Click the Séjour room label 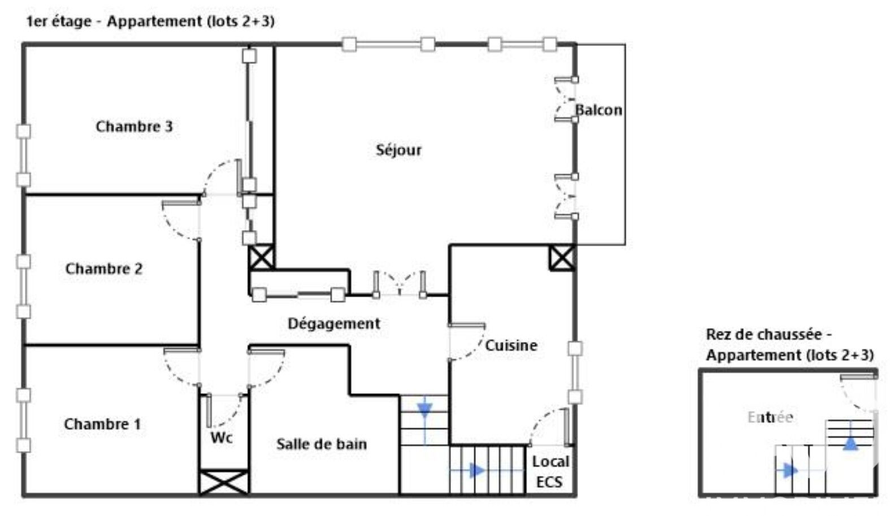tap(398, 150)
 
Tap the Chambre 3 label tap(134, 127)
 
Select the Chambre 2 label tap(104, 268)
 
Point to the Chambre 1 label tap(102, 424)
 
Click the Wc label tap(222, 437)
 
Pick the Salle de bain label tap(322, 444)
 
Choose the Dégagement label tap(334, 324)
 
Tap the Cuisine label tap(511, 345)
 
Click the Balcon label tap(599, 110)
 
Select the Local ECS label tap(550, 472)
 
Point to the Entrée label tap(770, 418)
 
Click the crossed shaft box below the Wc tap(224, 483)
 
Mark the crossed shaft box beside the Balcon tap(562, 258)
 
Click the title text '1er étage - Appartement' tap(114, 21)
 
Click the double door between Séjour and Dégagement tap(400, 284)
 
